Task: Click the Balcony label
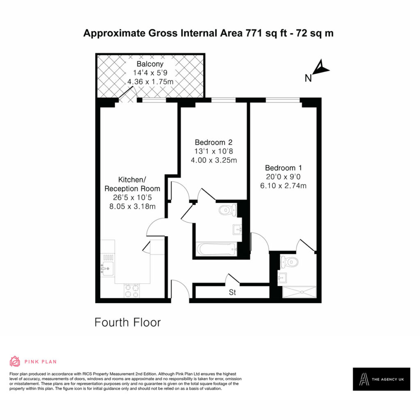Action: coord(150,64)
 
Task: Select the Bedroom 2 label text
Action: coord(213,142)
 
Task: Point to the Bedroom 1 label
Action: coord(283,168)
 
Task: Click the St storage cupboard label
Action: coord(232,292)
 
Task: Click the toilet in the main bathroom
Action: coord(228,210)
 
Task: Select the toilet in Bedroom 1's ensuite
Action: coord(289,261)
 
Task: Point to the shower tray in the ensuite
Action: coord(299,292)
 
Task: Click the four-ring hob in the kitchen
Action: coord(132,291)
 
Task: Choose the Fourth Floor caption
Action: coord(128,322)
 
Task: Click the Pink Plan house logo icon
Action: coord(15,361)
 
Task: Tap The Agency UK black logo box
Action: coord(381,379)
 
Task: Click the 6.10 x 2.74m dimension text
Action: coord(283,186)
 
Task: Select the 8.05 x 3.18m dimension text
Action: coord(132,207)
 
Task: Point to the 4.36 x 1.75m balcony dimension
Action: coord(150,82)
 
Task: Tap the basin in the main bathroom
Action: coord(237,230)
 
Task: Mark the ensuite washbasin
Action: coord(282,278)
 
